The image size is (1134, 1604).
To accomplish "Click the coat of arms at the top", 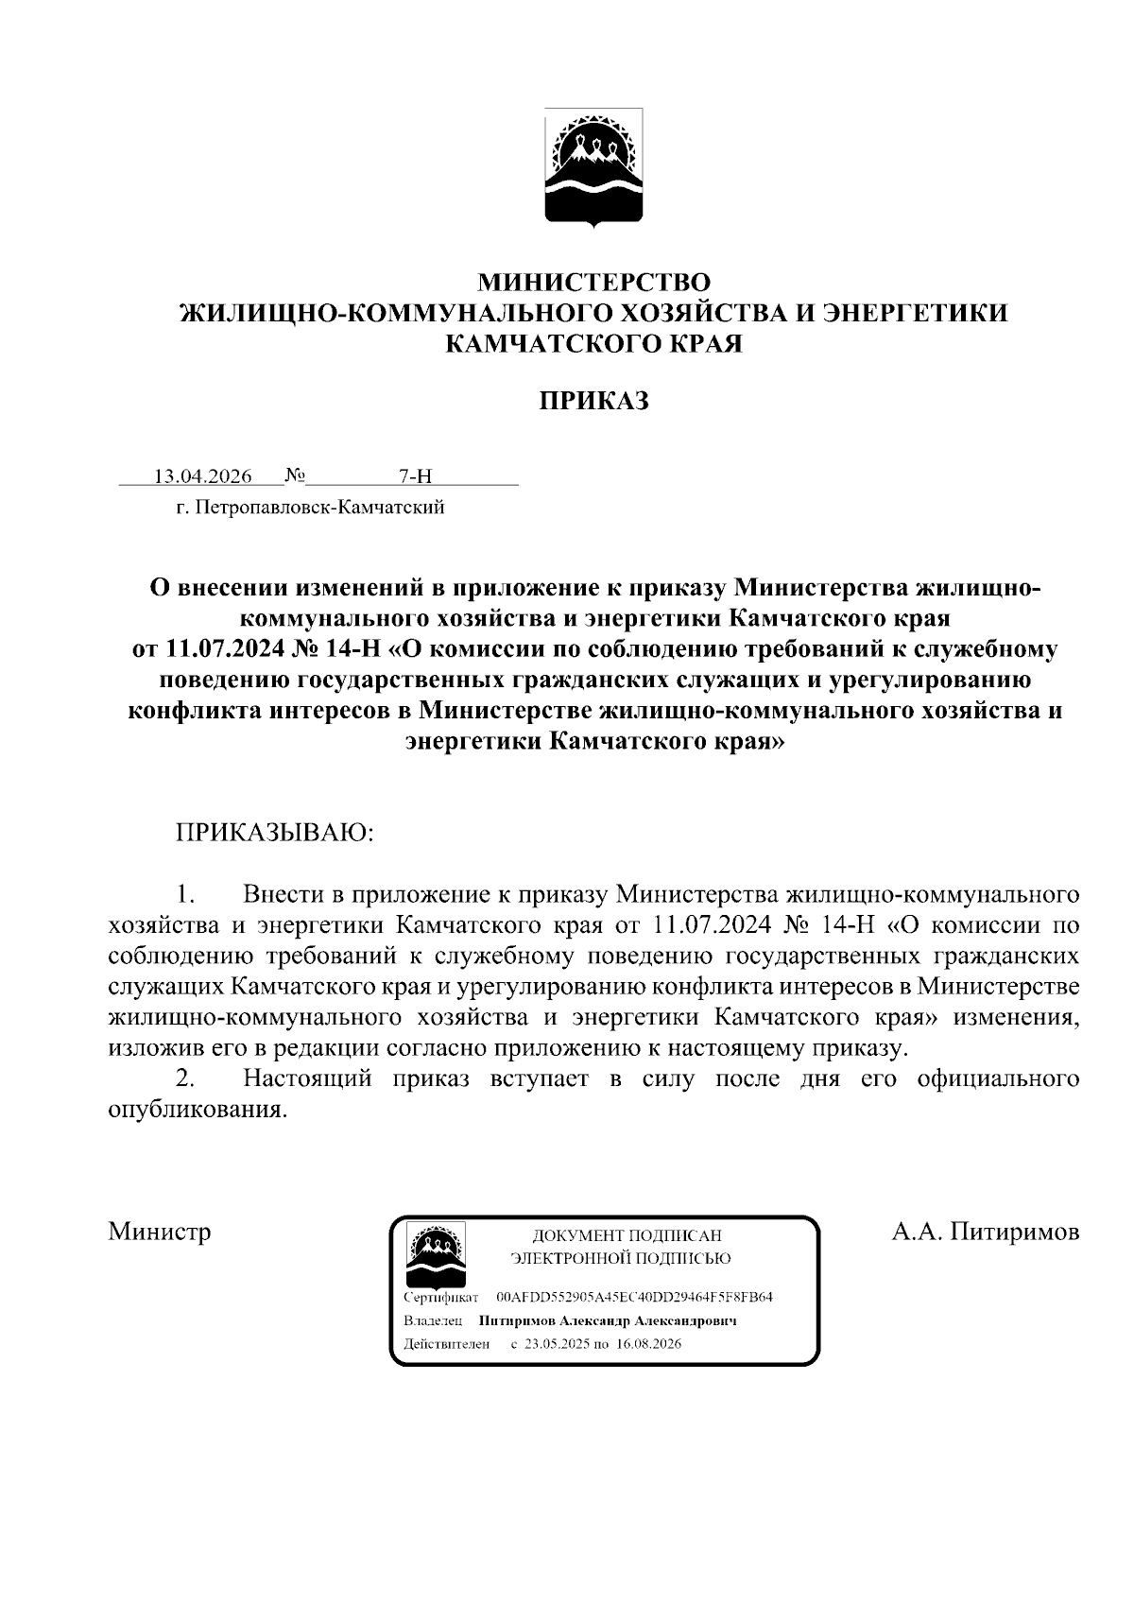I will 593,167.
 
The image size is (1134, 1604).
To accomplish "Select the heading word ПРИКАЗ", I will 593,401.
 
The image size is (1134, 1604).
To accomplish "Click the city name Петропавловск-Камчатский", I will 318,509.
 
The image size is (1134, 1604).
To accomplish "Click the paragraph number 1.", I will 186,894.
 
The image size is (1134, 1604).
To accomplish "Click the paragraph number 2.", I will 186,1078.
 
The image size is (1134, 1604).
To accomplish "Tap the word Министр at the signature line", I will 160,1232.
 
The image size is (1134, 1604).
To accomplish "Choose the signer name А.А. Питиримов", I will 986,1232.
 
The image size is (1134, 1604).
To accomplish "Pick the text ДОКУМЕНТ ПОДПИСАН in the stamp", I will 627,1235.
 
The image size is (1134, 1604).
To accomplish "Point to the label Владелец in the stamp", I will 432,1320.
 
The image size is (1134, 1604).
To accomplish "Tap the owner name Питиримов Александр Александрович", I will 608,1320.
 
